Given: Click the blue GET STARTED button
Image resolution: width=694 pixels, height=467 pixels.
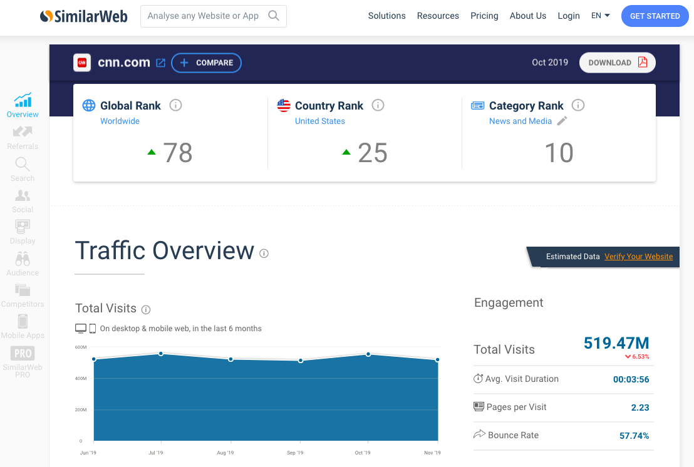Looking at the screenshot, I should point(655,16).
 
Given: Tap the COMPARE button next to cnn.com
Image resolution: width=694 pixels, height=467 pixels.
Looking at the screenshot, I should point(206,63).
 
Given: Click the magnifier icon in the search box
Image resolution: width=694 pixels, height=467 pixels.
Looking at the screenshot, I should point(274,16).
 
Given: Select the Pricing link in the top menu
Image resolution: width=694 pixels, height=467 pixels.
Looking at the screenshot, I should point(484,16).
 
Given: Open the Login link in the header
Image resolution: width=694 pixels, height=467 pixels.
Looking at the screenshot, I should point(569,16).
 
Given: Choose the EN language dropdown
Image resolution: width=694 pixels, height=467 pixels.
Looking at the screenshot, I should point(600,16).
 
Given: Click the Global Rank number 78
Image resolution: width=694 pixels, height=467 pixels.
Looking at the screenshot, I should point(177,153).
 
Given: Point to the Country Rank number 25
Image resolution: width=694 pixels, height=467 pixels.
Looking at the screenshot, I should point(372,153).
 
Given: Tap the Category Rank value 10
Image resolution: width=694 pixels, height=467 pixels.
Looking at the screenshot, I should point(559,153).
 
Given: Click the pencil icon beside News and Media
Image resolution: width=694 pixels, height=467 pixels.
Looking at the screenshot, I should point(562,121).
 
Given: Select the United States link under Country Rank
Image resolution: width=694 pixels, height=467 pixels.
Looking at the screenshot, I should point(319,121).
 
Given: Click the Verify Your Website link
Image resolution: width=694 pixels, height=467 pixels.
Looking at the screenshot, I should point(638,257).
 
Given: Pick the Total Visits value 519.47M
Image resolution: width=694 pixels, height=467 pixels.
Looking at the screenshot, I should point(616,343).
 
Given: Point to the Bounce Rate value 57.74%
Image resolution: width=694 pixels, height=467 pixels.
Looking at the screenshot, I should point(634,436).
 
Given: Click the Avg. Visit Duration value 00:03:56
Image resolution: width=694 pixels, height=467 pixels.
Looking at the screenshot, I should point(631,379).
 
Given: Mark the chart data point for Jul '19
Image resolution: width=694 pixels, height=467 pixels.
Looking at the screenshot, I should point(161,354).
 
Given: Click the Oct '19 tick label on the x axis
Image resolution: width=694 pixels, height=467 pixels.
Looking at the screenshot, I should point(363,453).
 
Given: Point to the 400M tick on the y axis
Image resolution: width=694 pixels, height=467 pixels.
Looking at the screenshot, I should point(80,378).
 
